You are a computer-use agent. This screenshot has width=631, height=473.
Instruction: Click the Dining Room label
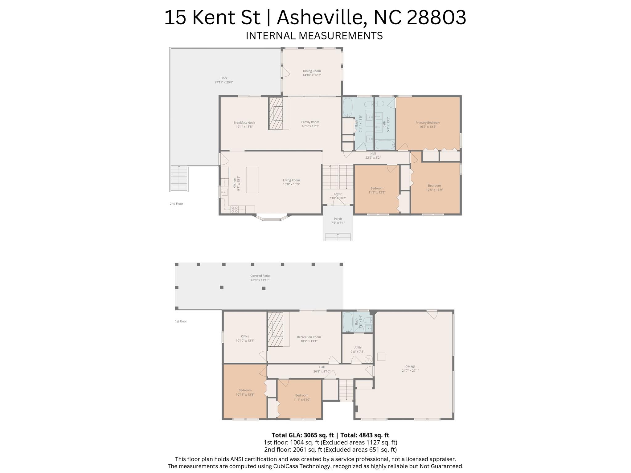coord(312,71)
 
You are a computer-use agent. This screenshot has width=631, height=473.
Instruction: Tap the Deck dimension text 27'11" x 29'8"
coord(224,82)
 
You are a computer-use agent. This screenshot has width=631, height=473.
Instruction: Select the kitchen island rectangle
coord(252,180)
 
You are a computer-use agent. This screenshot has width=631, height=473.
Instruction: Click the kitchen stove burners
coord(235,210)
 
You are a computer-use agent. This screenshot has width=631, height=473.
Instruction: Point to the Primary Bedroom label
coord(428,123)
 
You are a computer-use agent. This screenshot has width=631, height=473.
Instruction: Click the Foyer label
coord(338,194)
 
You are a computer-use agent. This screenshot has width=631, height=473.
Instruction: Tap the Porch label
coord(338,219)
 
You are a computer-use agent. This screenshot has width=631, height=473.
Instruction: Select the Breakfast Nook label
coord(244,123)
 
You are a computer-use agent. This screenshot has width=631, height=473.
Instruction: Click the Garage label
coord(410,366)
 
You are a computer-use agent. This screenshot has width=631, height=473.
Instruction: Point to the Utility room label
coord(357,347)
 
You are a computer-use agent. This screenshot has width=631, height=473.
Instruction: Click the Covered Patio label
coord(260,276)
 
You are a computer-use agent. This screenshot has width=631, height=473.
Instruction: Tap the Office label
coord(245,336)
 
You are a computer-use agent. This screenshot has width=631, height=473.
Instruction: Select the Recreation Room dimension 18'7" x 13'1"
coord(309,341)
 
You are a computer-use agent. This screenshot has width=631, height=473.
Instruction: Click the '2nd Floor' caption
coord(176,204)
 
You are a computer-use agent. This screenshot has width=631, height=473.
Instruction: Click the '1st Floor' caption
coord(181,321)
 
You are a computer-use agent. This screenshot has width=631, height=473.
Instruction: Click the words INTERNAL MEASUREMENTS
coord(314,36)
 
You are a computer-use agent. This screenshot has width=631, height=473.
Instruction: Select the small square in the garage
coord(381,357)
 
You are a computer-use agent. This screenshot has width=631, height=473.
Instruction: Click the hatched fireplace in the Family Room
coord(276,113)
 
